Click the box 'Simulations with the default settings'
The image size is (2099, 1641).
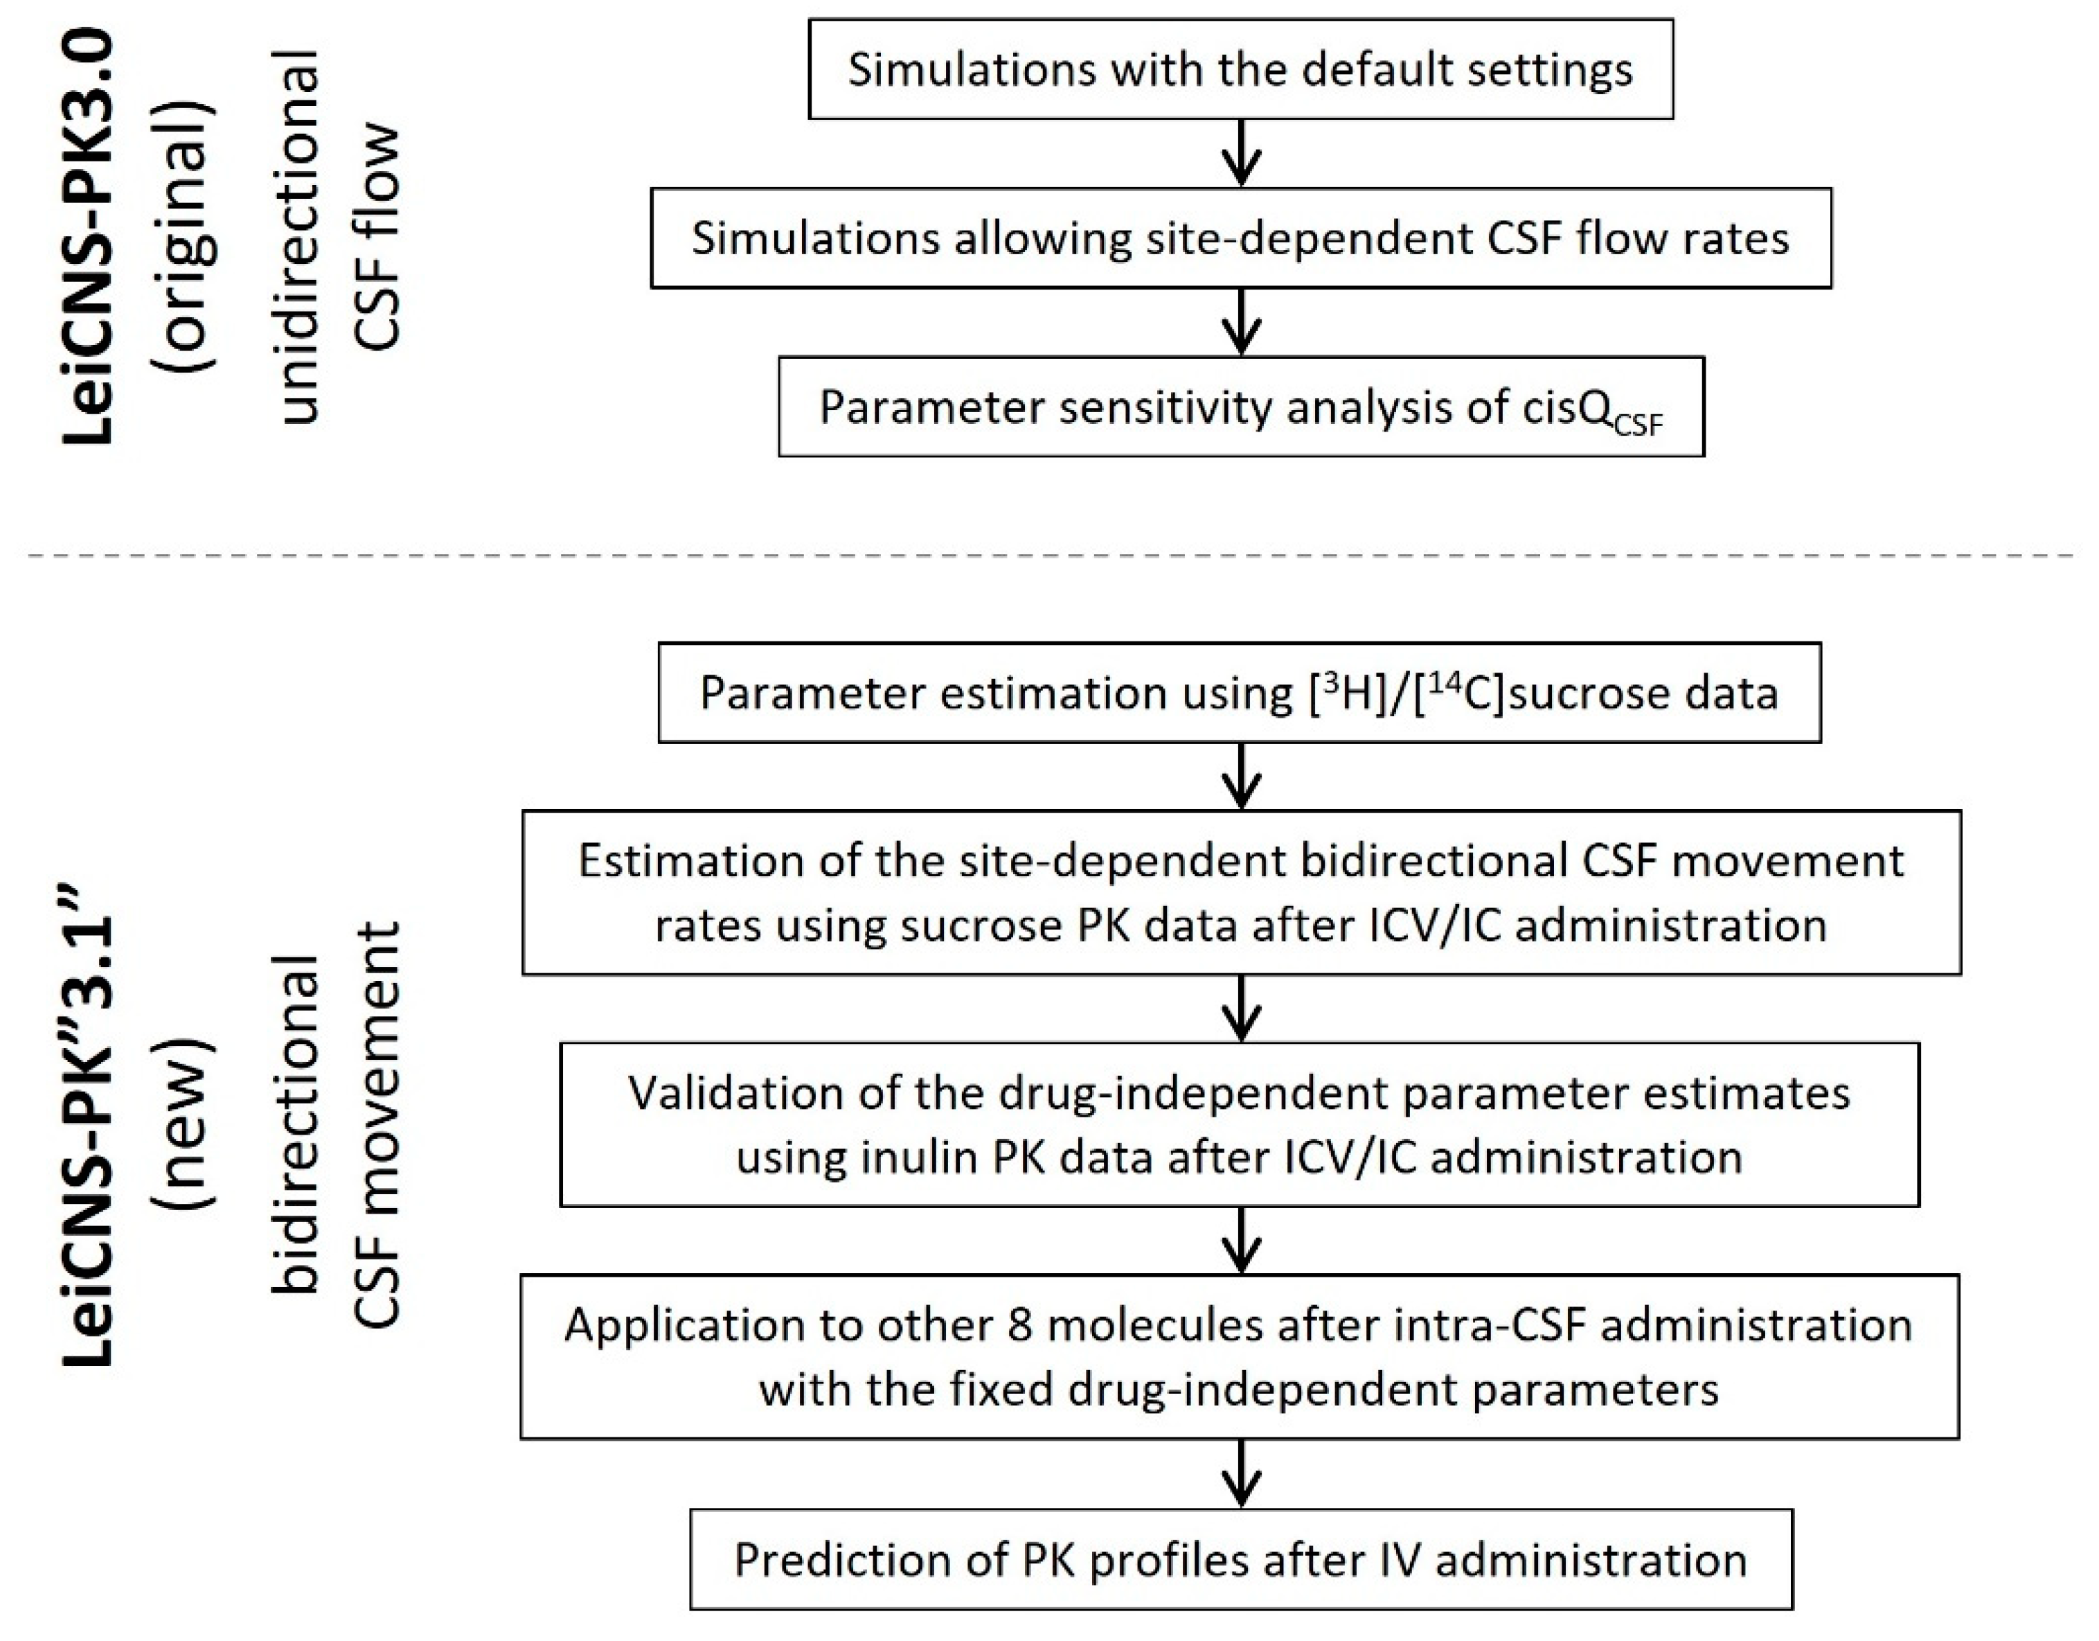coord(1240,69)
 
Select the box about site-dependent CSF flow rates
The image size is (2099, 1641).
coord(1240,238)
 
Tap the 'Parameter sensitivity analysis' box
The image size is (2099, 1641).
coord(1240,407)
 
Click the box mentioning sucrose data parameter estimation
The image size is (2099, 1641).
coord(1239,692)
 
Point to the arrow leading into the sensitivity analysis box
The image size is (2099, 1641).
coord(1241,323)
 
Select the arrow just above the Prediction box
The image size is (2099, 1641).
coord(1241,1473)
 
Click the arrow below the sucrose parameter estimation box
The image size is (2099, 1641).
coord(1241,776)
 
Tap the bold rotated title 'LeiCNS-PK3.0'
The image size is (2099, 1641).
coord(89,236)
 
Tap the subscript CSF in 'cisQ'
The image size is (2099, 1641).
coord(1638,424)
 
